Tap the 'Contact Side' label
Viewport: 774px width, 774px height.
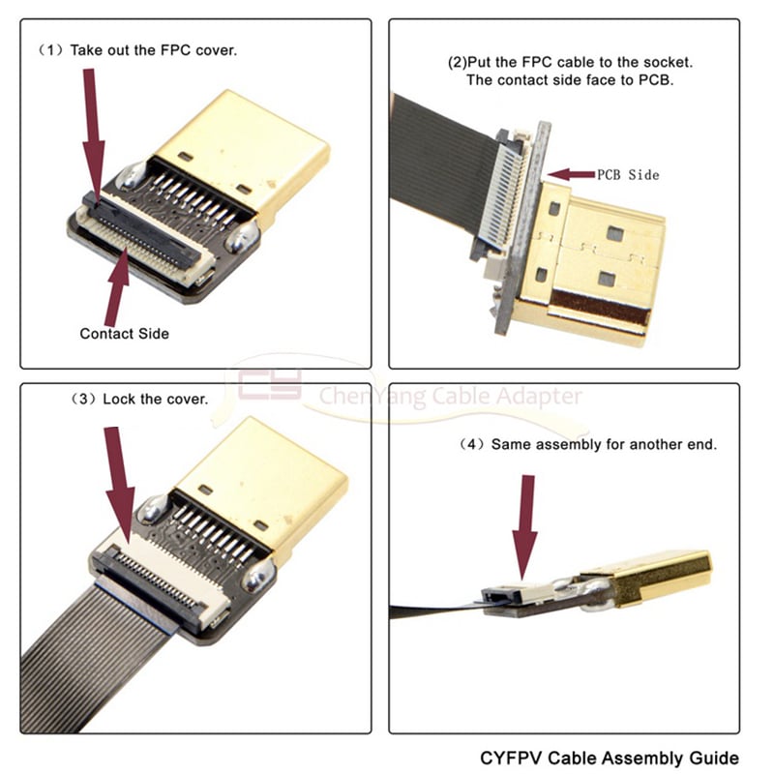coord(124,334)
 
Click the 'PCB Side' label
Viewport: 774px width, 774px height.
coord(628,175)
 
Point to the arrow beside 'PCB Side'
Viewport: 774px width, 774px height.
coord(571,174)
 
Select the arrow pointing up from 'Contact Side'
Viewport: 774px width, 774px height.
coord(118,285)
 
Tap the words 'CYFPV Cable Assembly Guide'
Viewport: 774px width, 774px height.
coord(610,757)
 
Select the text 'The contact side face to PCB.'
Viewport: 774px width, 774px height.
coord(570,80)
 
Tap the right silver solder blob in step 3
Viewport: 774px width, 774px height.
coord(258,579)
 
